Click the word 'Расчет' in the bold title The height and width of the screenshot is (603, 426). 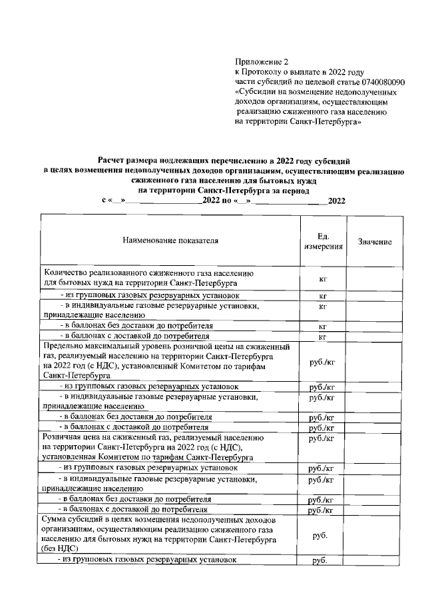coord(112,161)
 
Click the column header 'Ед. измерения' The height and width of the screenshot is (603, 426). coord(323,241)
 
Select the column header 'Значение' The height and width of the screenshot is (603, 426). coord(374,241)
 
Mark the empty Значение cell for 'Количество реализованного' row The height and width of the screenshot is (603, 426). coord(374,278)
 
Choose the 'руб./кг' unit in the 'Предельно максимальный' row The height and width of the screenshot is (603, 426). coord(323,361)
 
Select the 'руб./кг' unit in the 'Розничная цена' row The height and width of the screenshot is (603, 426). coord(323,438)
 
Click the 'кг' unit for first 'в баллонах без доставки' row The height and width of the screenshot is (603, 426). coord(323,326)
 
